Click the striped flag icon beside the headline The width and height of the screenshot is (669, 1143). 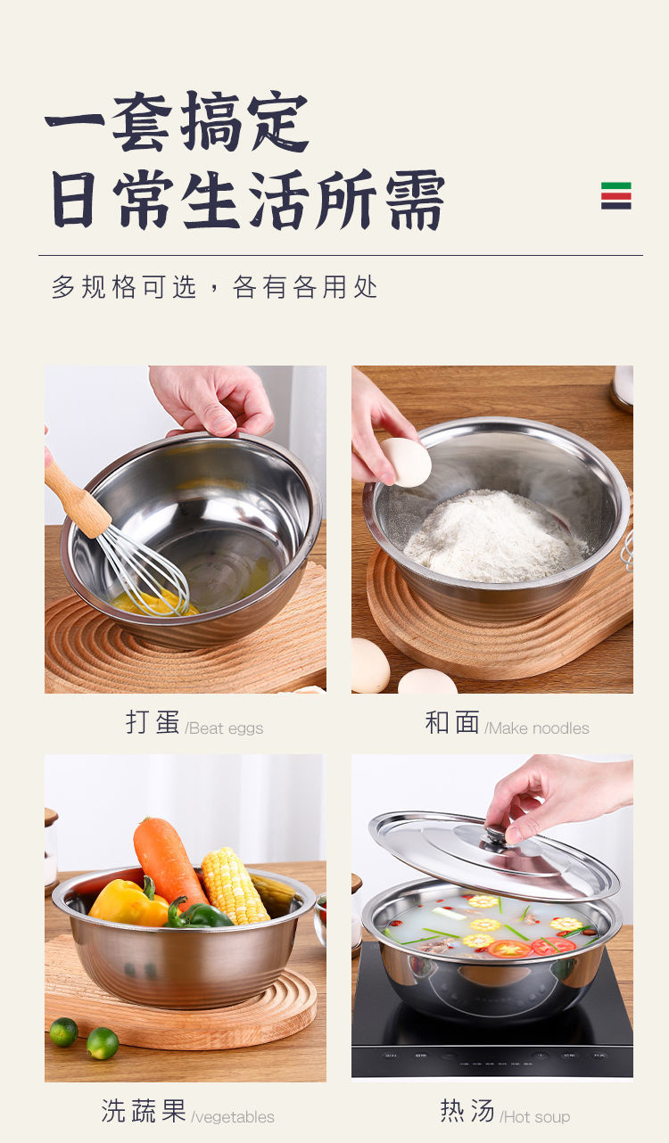(x=615, y=195)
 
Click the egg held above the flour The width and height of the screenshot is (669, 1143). (x=406, y=463)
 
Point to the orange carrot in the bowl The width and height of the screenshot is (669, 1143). (x=168, y=863)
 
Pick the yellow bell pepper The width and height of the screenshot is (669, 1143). (x=128, y=902)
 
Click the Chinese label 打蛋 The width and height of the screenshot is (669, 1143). (x=153, y=722)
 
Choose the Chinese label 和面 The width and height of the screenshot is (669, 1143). (x=452, y=722)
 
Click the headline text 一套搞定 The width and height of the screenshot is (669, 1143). (x=177, y=122)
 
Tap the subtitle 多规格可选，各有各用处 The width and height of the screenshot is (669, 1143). (x=214, y=287)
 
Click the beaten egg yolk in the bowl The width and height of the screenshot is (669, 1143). (x=153, y=603)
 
